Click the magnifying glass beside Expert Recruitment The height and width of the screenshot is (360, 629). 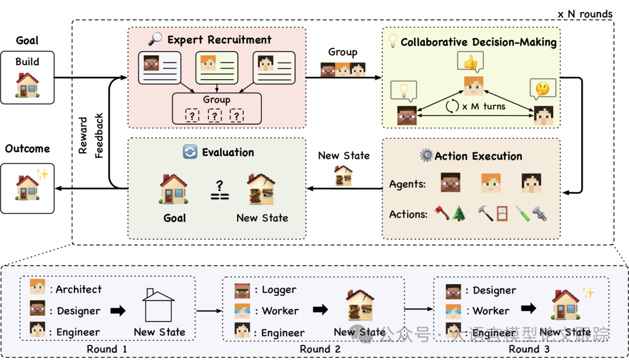[x=156, y=39]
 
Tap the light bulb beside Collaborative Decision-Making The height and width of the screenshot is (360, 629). [x=393, y=41]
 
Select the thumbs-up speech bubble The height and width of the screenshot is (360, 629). [x=471, y=62]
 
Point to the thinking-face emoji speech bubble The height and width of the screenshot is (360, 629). [x=542, y=89]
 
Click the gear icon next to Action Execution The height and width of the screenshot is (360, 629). [x=427, y=155]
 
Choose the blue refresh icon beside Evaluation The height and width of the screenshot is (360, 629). [x=190, y=151]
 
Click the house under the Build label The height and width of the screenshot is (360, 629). [x=28, y=85]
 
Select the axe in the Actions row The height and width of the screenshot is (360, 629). [x=442, y=213]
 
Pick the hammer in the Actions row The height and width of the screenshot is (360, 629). [x=485, y=213]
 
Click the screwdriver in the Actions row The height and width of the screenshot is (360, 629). [x=522, y=214]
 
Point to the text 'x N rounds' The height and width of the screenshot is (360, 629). [x=585, y=14]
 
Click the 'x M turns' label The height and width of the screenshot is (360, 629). [x=484, y=107]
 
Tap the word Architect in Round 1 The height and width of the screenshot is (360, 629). [x=79, y=290]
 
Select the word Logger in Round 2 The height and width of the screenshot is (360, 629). [x=279, y=290]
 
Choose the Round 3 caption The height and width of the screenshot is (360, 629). [x=529, y=349]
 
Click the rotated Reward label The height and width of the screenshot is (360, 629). [x=83, y=136]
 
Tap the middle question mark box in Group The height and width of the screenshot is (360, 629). [x=214, y=115]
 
